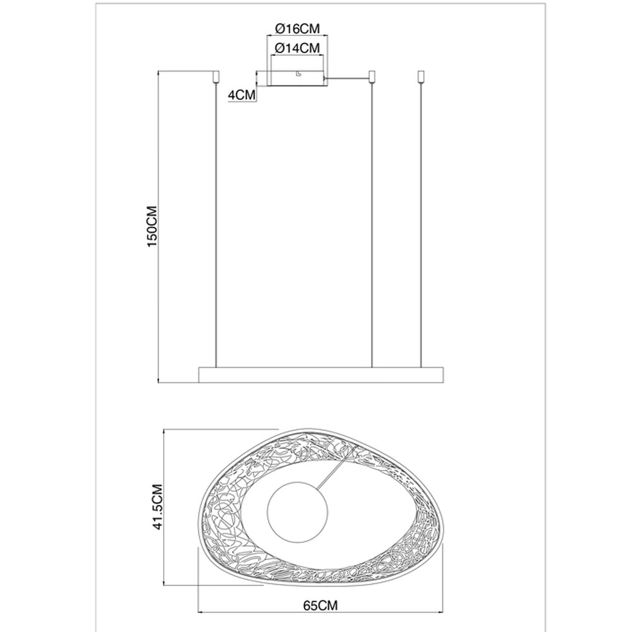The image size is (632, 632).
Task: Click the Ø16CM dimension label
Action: [x=298, y=28]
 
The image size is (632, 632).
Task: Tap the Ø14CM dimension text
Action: [x=298, y=48]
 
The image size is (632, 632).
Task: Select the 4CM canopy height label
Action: [x=241, y=95]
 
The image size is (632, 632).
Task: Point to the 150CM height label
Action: [x=152, y=227]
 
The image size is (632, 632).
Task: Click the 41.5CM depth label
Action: [x=157, y=507]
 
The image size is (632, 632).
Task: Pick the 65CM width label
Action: [x=320, y=605]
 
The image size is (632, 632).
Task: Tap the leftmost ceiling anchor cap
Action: [x=216, y=76]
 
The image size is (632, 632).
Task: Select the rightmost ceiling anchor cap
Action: [x=422, y=76]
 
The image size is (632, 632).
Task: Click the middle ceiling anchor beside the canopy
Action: [x=372, y=76]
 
